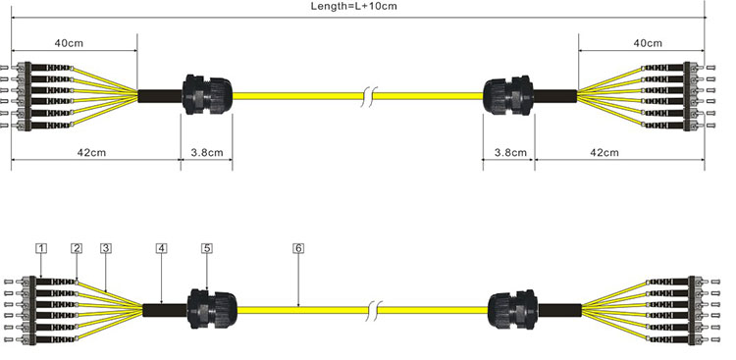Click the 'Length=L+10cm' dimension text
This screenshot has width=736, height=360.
pyautogui.click(x=353, y=6)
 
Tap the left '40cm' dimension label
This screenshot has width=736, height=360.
pyautogui.click(x=69, y=43)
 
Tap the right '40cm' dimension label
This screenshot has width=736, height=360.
pyautogui.click(x=648, y=43)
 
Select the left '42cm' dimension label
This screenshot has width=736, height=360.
pyautogui.click(x=91, y=153)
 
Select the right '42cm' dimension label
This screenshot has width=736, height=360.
pyautogui.click(x=605, y=153)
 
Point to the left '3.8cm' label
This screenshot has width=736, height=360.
pyautogui.click(x=207, y=153)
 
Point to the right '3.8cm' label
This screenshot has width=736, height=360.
pyautogui.click(x=510, y=153)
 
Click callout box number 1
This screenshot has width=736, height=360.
pyautogui.click(x=41, y=248)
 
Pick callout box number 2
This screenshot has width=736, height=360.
pyautogui.click(x=77, y=248)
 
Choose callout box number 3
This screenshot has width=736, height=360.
pyautogui.click(x=106, y=248)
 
